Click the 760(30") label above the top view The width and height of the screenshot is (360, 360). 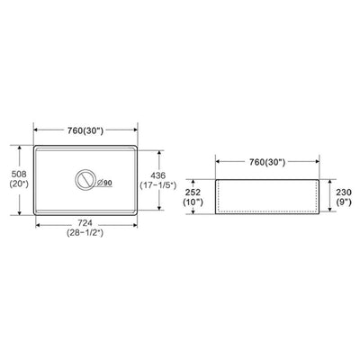coord(85,130)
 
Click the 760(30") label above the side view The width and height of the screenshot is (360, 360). coord(267,162)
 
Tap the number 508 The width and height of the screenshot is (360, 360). coord(19,174)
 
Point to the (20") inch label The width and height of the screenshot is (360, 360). coord(19,184)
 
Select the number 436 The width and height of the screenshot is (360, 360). coord(157,175)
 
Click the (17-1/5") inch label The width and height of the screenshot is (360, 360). coord(157,185)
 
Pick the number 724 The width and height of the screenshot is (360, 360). coord(85,223)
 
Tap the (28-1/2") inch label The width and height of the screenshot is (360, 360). coord(85,233)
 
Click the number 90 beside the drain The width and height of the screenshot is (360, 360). coord(108,183)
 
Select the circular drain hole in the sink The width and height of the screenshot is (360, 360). coord(85,179)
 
